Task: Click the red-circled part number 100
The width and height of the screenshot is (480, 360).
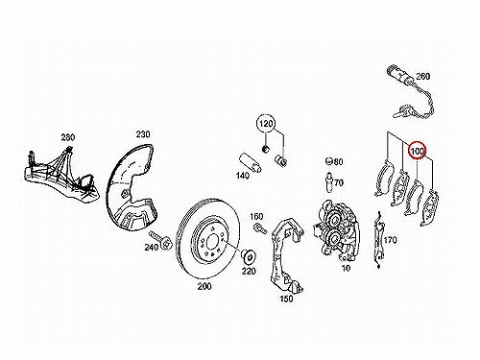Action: (418, 151)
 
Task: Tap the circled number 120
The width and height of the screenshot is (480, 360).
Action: (266, 123)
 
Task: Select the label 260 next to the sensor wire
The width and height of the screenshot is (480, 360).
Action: (423, 76)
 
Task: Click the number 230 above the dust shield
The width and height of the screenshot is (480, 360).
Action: (143, 133)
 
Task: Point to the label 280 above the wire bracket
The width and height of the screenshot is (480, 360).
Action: (68, 137)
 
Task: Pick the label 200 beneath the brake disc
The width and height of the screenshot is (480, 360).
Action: (204, 286)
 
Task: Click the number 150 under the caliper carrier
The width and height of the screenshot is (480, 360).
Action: (286, 299)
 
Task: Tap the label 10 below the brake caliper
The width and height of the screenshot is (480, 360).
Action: (346, 268)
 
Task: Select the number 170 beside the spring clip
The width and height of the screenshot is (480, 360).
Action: (390, 240)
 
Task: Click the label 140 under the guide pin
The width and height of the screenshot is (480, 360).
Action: (243, 175)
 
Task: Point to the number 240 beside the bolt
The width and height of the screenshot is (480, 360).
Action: (151, 247)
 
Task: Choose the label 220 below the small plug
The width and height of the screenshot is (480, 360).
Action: (249, 271)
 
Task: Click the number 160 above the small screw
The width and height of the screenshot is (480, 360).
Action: (256, 217)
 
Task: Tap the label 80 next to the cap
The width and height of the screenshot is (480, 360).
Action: (338, 161)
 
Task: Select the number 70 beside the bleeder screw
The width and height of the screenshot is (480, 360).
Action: (339, 182)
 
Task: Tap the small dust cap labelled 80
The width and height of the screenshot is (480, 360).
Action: (329, 161)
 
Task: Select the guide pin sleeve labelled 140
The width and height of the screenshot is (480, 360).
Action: (251, 163)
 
